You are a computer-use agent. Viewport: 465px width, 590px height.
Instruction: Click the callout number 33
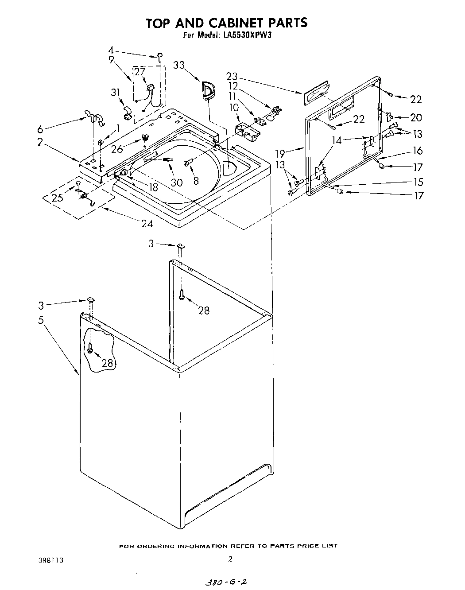coord(178,65)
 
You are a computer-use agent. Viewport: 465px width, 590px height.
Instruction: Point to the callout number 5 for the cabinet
coord(41,319)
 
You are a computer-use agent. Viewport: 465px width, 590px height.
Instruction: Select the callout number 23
coord(232,76)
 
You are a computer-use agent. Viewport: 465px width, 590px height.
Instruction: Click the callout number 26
coord(116,149)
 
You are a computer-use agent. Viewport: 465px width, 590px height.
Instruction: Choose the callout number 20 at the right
coord(416,118)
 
